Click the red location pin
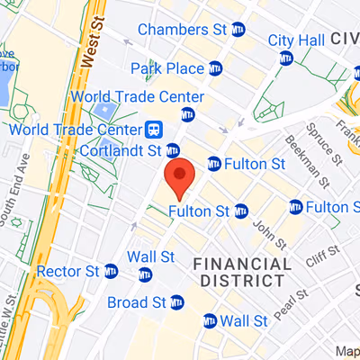tap(180, 176)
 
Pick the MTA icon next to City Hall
tap(287, 58)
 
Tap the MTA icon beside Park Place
tap(214, 68)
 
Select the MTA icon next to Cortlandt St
tap(173, 148)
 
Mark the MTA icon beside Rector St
tap(111, 270)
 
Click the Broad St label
tap(137, 302)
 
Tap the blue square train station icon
tap(154, 130)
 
